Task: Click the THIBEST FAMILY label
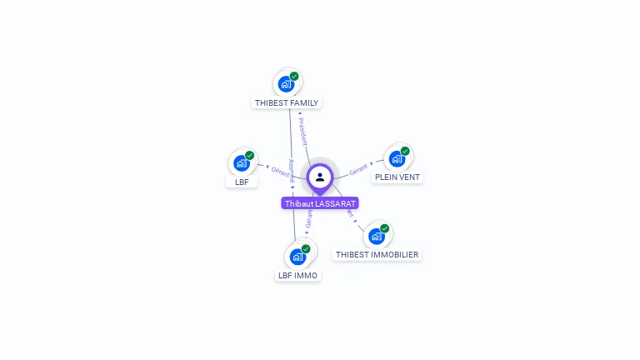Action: (x=287, y=103)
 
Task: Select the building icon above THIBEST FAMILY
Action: (x=286, y=84)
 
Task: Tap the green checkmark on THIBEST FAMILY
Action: (x=294, y=77)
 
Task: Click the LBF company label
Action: (x=242, y=182)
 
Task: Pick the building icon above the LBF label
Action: (x=241, y=162)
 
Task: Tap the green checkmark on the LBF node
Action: (x=249, y=156)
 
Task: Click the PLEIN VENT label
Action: (x=397, y=177)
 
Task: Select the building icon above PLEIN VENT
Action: (x=397, y=158)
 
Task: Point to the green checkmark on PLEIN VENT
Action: (x=405, y=152)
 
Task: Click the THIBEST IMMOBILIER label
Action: (x=377, y=254)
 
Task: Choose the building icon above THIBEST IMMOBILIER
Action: (x=376, y=236)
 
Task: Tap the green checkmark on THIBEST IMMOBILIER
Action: (x=384, y=228)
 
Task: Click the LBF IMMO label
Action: (x=297, y=275)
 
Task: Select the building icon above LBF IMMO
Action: (x=297, y=257)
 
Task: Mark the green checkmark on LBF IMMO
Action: (x=306, y=249)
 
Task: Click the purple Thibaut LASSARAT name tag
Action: (x=320, y=203)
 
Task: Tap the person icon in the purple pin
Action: (x=320, y=177)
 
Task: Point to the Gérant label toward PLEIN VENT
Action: (x=358, y=168)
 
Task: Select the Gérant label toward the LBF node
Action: (x=281, y=172)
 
